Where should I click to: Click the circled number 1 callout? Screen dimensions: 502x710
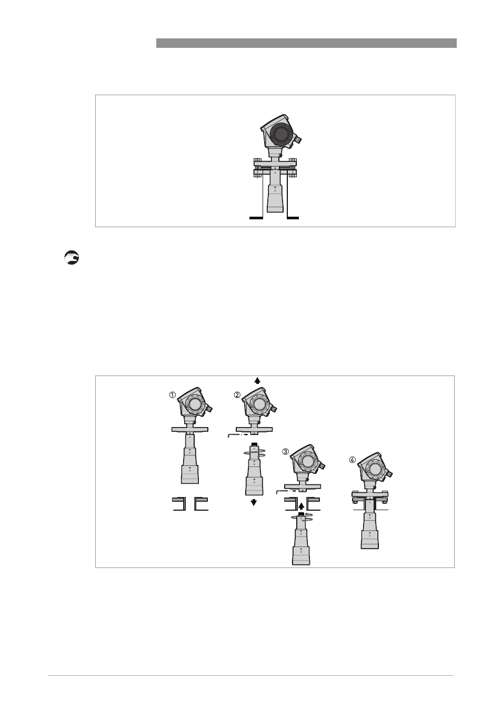click(172, 395)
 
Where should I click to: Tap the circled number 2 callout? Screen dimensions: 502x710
click(237, 395)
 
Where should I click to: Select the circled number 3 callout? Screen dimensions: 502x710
click(286, 452)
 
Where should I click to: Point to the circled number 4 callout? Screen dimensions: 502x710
click(353, 460)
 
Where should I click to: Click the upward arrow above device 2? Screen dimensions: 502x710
click(257, 380)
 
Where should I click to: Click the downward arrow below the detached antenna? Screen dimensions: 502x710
click(254, 502)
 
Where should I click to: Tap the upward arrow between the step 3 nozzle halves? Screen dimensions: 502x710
click(301, 505)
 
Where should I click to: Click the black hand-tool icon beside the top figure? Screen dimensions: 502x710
click(72, 258)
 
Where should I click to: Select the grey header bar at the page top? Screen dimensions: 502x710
click(306, 43)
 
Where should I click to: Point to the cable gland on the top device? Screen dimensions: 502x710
click(297, 139)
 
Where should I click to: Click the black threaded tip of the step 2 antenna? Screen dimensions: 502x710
click(254, 444)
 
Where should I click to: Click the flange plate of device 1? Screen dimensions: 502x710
click(189, 429)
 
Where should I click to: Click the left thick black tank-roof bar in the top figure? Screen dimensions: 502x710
click(256, 218)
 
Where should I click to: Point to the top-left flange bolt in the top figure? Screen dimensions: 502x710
click(257, 161)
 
